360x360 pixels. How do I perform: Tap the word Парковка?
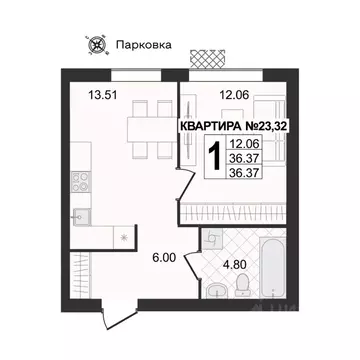pos(142,44)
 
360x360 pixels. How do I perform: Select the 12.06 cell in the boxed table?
pos(254,144)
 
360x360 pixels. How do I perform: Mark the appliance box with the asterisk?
pos(120,237)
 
